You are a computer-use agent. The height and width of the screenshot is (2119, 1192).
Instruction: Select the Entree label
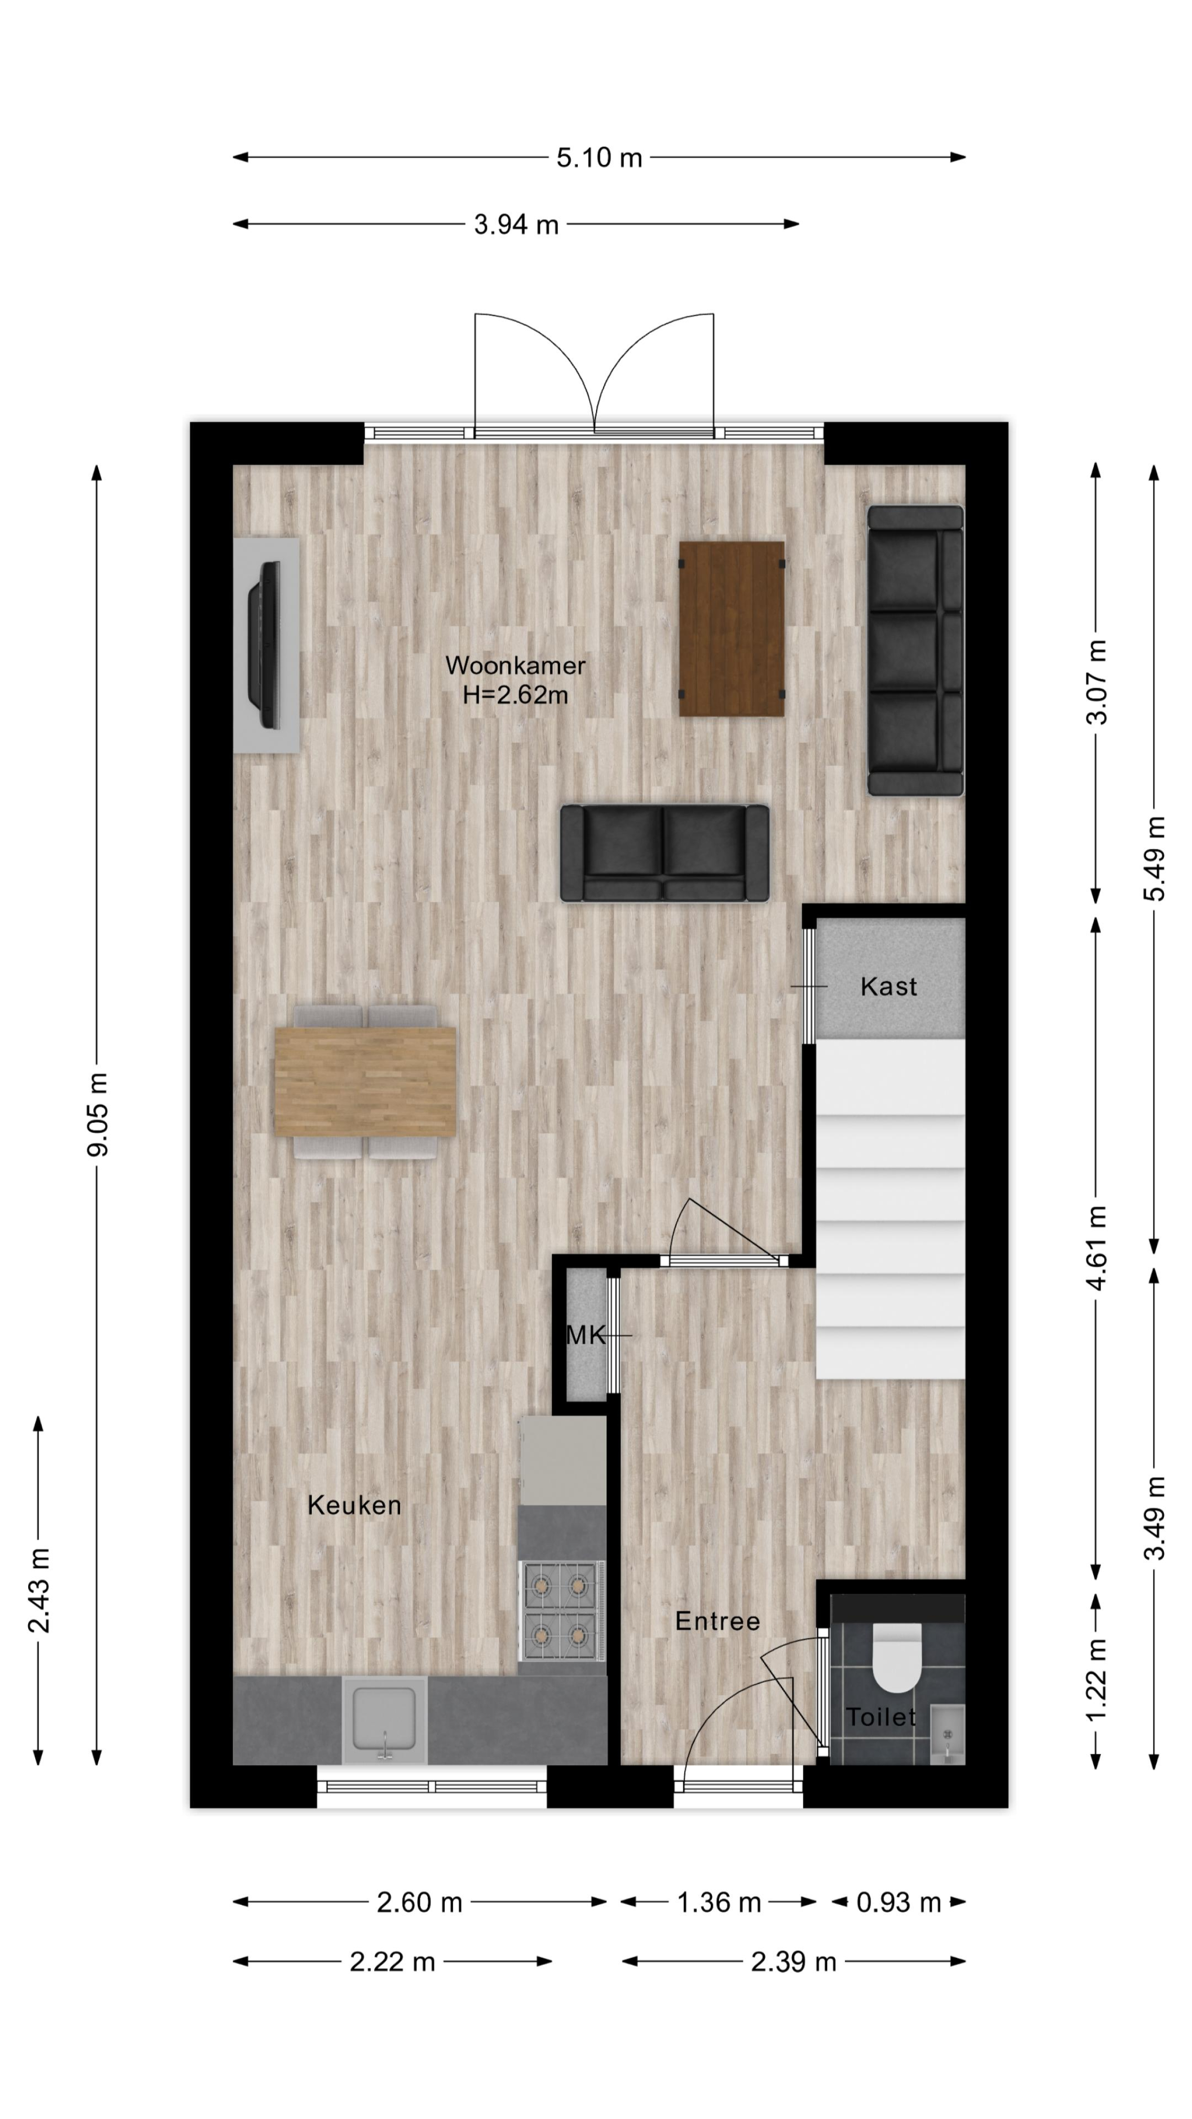click(717, 1621)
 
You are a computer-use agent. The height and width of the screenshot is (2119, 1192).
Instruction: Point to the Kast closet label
click(888, 986)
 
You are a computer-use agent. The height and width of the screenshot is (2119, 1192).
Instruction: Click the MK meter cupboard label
click(586, 1335)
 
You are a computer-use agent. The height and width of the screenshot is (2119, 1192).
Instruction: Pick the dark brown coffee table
click(731, 628)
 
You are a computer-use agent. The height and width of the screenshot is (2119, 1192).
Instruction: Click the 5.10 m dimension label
click(599, 157)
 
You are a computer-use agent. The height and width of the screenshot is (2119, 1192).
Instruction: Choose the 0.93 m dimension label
click(898, 1902)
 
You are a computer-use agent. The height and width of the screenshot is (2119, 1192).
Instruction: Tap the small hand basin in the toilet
click(947, 1734)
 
